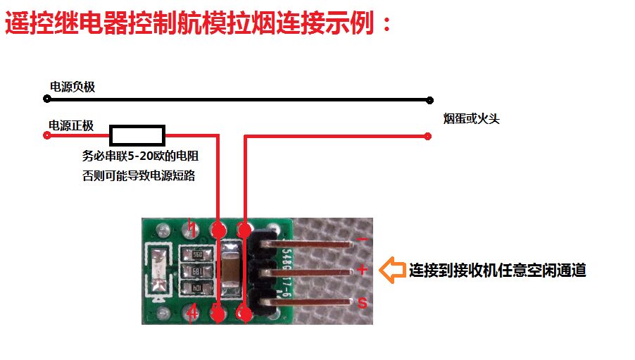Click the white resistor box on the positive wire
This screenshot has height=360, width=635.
click(x=138, y=135)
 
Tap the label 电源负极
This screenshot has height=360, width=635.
click(x=72, y=87)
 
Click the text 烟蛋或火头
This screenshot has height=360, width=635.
click(x=471, y=118)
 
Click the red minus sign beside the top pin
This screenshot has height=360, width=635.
click(x=362, y=240)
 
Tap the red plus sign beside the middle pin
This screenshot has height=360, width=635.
click(x=362, y=269)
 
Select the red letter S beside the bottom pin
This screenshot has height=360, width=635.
click(x=363, y=303)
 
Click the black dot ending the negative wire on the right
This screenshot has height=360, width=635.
click(x=428, y=100)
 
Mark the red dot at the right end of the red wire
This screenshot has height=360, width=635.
click(x=428, y=135)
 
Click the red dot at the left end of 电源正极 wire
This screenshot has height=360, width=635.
click(x=47, y=135)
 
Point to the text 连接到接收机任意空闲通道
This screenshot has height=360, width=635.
click(x=497, y=271)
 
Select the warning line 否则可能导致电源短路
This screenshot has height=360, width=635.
click(x=139, y=176)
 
